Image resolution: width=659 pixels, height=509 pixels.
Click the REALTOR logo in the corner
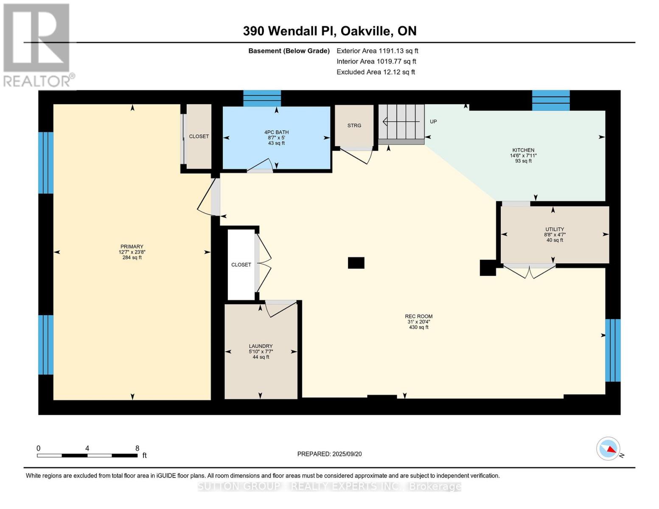coord(37,45)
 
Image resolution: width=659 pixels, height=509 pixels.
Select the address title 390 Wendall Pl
coord(329,31)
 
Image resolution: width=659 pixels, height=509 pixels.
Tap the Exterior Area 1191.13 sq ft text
coord(377,51)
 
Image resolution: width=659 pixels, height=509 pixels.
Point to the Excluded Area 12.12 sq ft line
coord(376,72)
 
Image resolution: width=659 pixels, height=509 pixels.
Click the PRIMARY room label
coord(132,252)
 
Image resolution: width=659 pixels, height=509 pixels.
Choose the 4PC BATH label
coord(276,137)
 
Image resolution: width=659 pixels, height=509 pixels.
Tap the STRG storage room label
coord(354,126)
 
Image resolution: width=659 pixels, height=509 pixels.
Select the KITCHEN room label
coord(523,155)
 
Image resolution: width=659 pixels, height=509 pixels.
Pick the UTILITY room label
coord(555,234)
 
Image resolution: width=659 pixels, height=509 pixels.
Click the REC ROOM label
coord(418,322)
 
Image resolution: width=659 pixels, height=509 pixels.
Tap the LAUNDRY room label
coord(261,351)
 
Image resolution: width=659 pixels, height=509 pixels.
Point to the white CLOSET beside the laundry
coord(241,265)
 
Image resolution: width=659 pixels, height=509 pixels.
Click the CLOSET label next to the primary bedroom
coord(199,137)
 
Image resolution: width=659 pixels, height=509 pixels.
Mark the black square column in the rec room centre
coord(356,263)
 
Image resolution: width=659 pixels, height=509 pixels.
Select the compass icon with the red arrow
coord(609,449)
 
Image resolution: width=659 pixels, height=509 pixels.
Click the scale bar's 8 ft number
coord(137,448)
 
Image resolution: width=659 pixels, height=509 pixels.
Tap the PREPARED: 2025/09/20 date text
coord(329,454)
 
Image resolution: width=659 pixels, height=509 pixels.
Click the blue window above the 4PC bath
coord(262,98)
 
